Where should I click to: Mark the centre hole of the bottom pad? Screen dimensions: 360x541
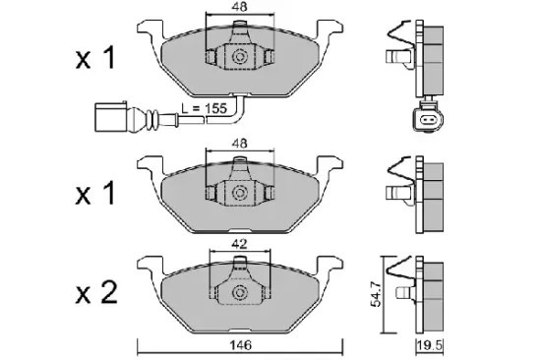pos(238,293)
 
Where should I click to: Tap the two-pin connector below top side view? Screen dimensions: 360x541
pos(424,120)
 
